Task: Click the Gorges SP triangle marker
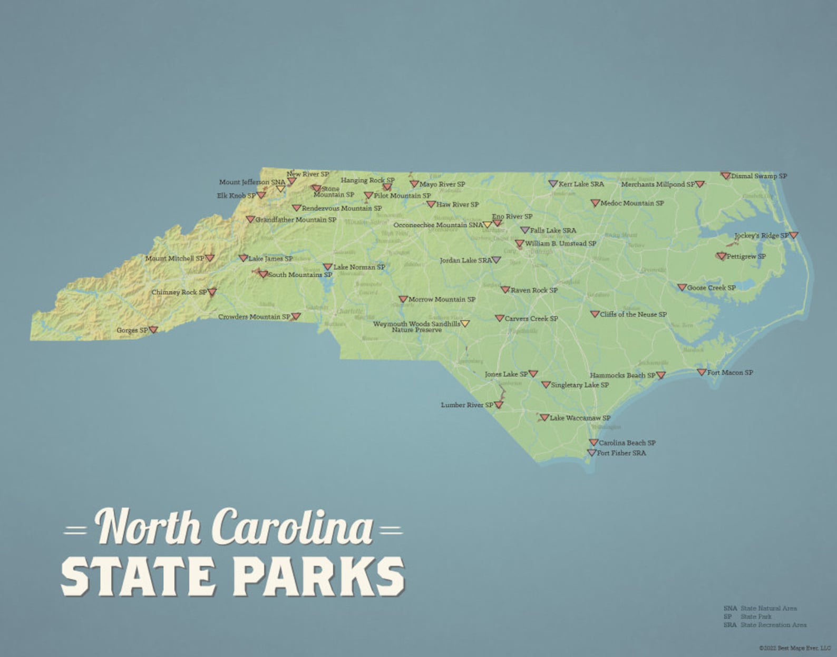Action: [153, 330]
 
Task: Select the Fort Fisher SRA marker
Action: [592, 452]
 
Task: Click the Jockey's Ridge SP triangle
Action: [793, 235]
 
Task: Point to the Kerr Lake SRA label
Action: [581, 184]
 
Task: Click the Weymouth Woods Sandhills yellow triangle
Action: [465, 323]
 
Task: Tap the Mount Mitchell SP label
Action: [174, 258]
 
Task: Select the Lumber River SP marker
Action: [499, 404]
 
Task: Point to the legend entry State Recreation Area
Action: [773, 625]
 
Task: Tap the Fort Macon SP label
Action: [729, 372]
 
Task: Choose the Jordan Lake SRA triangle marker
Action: [496, 260]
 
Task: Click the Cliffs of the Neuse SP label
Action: [633, 314]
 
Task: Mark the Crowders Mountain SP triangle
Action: [296, 316]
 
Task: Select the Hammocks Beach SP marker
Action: [660, 375]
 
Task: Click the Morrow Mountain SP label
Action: [442, 299]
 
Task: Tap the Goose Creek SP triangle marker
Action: [682, 287]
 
